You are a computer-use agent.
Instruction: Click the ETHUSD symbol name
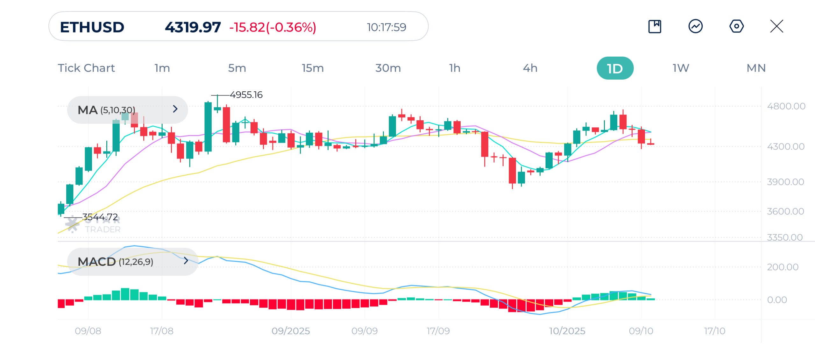click(x=92, y=27)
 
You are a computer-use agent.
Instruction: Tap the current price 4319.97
click(x=193, y=27)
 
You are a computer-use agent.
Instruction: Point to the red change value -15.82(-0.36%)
click(x=273, y=27)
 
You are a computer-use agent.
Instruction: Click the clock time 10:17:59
click(x=386, y=27)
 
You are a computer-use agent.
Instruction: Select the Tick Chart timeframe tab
click(x=86, y=68)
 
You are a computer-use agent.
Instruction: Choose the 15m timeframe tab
click(x=313, y=68)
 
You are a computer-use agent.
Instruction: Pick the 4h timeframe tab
click(x=530, y=68)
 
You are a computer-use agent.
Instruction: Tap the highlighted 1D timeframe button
click(x=615, y=68)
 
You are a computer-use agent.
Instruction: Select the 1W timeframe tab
click(x=681, y=68)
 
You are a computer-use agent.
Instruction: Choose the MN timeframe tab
click(x=756, y=68)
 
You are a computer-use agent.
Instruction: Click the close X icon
click(x=776, y=26)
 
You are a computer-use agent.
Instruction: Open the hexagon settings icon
click(x=736, y=26)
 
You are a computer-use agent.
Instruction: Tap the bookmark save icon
click(x=655, y=26)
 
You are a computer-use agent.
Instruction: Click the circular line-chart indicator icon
click(x=696, y=26)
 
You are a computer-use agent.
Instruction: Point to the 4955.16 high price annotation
click(x=246, y=95)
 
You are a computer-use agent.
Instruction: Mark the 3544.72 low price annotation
click(x=100, y=217)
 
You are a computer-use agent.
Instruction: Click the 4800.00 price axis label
click(x=786, y=106)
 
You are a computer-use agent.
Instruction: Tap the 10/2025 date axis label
click(x=567, y=331)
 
